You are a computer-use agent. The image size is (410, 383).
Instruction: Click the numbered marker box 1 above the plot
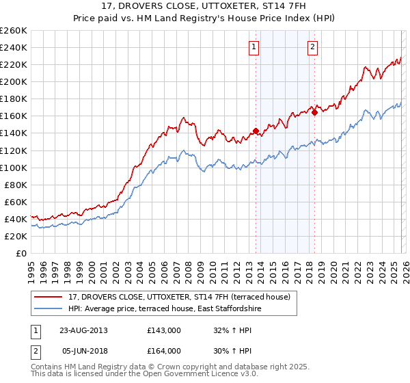coord(254,47)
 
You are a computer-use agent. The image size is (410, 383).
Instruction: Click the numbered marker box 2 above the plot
coord(312,47)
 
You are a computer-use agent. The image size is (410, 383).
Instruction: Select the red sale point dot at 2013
coord(256,131)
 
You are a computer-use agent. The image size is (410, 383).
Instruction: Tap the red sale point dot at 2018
coord(314,113)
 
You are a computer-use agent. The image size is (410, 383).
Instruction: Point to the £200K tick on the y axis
coord(14,81)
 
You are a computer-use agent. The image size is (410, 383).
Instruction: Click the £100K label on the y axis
coord(14,168)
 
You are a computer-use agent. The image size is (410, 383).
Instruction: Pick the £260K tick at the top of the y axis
coord(14,31)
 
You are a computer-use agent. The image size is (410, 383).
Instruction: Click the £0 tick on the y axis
coord(22,253)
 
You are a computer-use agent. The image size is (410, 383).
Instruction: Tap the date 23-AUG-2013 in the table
coord(84,330)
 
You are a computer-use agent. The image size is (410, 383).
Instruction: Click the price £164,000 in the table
coord(164,350)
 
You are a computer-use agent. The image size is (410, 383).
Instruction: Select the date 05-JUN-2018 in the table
coord(83,350)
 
